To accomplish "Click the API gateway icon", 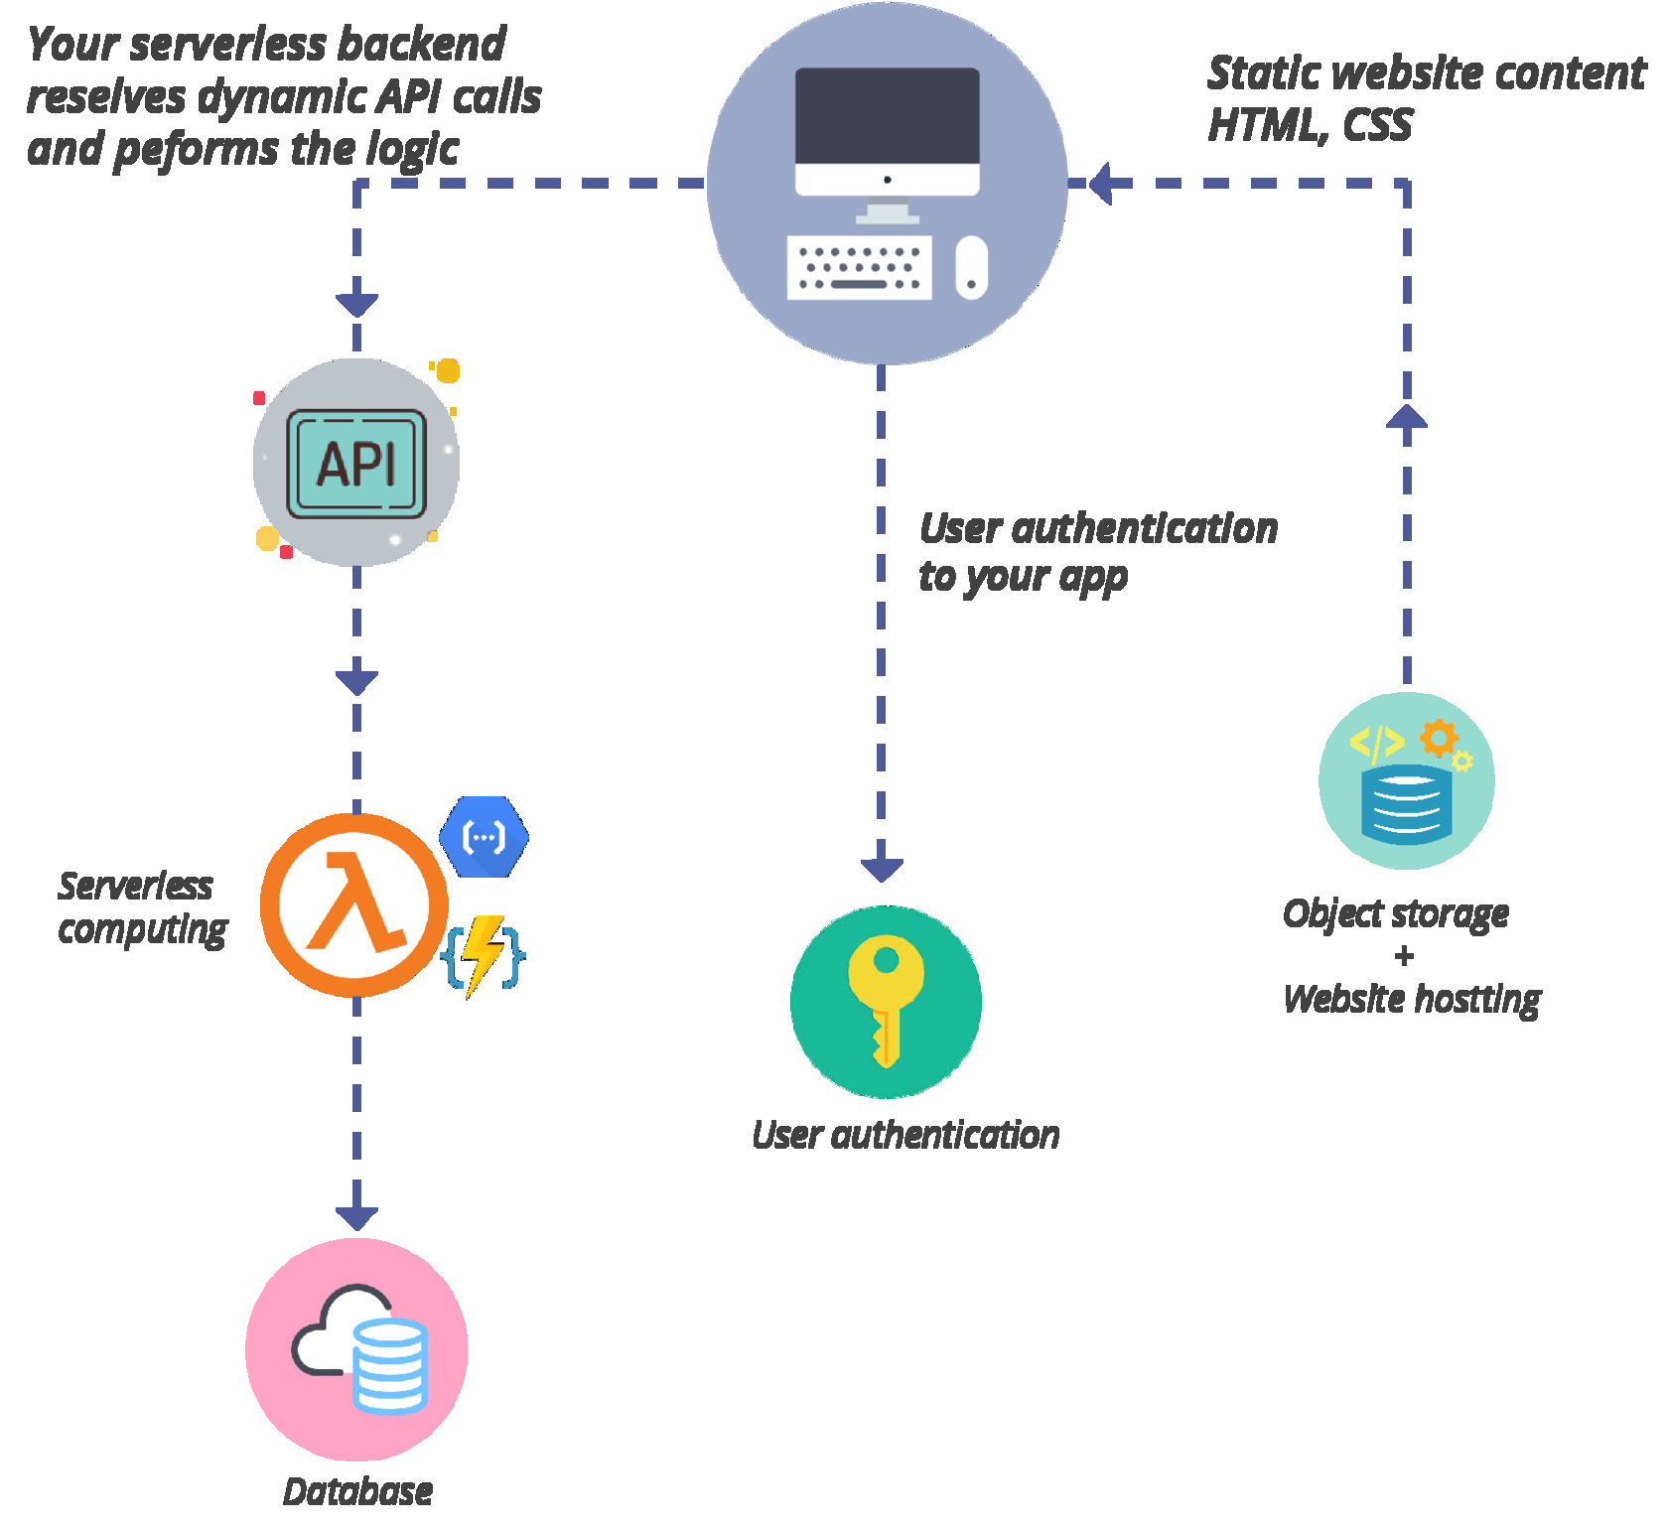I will point(356,464).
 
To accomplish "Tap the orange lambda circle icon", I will point(354,904).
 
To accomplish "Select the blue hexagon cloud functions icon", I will point(484,837).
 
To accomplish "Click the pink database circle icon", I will point(356,1349).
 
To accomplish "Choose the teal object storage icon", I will point(1406,780).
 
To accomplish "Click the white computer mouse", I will point(971,267).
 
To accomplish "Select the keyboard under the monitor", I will point(859,267).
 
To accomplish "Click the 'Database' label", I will point(357,1491).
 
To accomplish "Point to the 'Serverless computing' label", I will point(141,907).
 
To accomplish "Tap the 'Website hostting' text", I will point(1411,999).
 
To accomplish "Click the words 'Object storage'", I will point(1395,913).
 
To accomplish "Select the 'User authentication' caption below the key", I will point(905,1135).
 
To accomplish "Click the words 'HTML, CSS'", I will point(1310,125).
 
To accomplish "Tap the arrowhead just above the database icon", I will point(356,1217).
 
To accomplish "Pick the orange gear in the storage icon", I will point(1438,739).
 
